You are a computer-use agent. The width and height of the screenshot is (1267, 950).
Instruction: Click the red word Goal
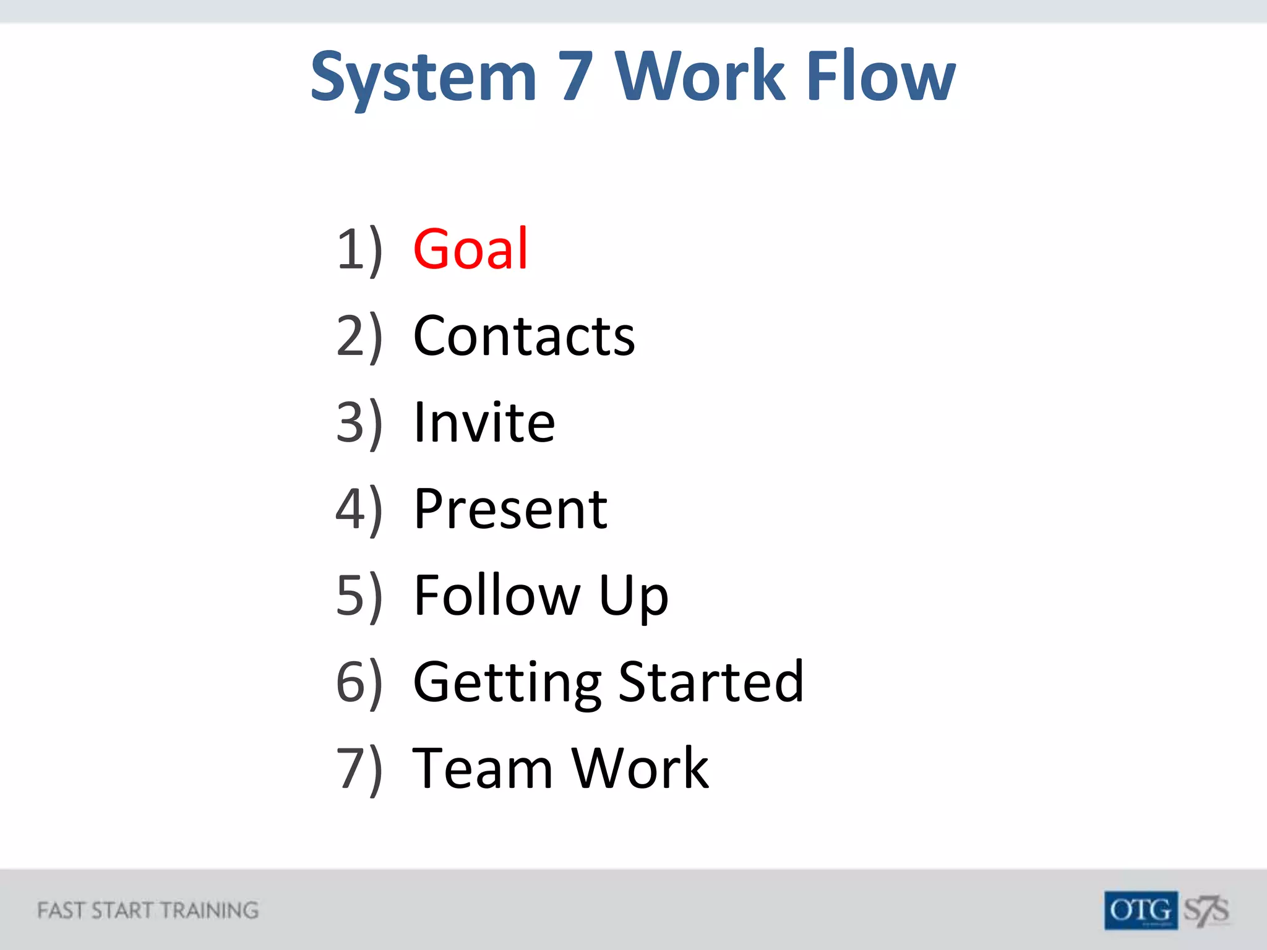470,249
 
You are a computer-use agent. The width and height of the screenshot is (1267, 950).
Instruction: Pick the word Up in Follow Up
633,597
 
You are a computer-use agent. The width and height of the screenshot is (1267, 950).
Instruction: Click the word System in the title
423,77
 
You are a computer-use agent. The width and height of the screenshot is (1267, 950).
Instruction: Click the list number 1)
359,250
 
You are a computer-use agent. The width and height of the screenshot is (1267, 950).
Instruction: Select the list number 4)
359,510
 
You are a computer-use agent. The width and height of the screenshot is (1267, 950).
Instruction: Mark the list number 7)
359,770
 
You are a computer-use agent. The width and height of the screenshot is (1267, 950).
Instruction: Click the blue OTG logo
1140,910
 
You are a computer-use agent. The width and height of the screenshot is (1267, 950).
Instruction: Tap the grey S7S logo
1206,910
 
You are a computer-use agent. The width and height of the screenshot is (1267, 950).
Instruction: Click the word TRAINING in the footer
209,910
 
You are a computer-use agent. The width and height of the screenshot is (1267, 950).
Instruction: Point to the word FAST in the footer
60,910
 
